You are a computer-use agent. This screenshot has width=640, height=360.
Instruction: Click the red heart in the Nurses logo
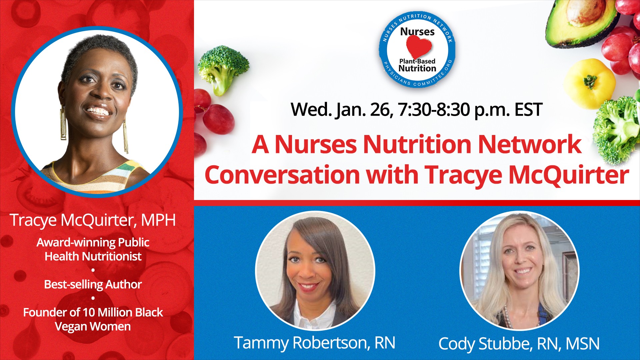[419, 47]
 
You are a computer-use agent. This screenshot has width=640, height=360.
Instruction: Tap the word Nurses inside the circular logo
[417, 32]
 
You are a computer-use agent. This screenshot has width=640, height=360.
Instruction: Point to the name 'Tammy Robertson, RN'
[315, 343]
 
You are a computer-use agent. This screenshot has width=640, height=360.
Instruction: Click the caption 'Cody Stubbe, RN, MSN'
[519, 344]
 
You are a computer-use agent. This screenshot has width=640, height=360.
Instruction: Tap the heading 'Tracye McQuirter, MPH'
[93, 220]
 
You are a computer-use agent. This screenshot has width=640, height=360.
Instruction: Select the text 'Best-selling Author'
[93, 284]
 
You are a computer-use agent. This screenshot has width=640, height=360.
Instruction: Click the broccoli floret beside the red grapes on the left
[222, 68]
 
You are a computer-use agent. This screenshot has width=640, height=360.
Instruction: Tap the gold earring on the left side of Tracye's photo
[63, 123]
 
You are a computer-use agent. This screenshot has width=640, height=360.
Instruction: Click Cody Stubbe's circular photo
[519, 271]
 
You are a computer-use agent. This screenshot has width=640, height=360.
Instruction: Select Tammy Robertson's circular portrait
[315, 271]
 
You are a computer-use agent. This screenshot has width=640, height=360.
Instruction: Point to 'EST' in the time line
[528, 110]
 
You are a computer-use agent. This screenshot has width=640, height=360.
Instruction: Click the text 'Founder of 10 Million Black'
[93, 312]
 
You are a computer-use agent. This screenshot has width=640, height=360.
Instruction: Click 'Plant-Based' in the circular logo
[417, 61]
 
